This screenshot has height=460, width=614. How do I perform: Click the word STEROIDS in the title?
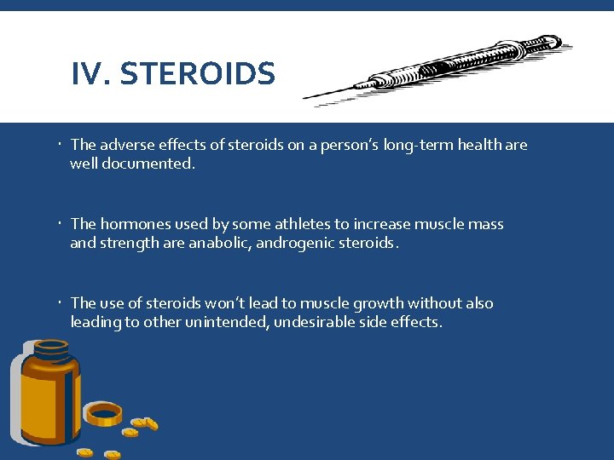pos(198,75)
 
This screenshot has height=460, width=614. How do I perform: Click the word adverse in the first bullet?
pos(130,146)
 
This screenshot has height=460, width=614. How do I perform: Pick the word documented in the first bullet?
pos(151,164)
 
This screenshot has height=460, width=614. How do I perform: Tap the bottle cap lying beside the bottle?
pos(105,414)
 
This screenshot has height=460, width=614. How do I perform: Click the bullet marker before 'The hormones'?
pos(61,224)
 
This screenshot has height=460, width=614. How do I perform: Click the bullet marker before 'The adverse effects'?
pos(61,146)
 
